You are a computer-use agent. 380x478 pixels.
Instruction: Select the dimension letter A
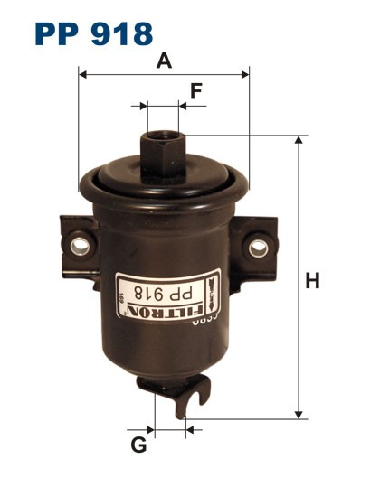(164, 61)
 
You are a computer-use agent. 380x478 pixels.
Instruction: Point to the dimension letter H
(312, 281)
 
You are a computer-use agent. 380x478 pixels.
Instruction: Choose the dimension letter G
(138, 445)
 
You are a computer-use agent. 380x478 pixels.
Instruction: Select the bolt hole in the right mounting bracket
(259, 245)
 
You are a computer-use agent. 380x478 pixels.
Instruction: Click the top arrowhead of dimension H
(298, 141)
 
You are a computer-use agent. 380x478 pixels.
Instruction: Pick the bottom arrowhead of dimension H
(298, 415)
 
